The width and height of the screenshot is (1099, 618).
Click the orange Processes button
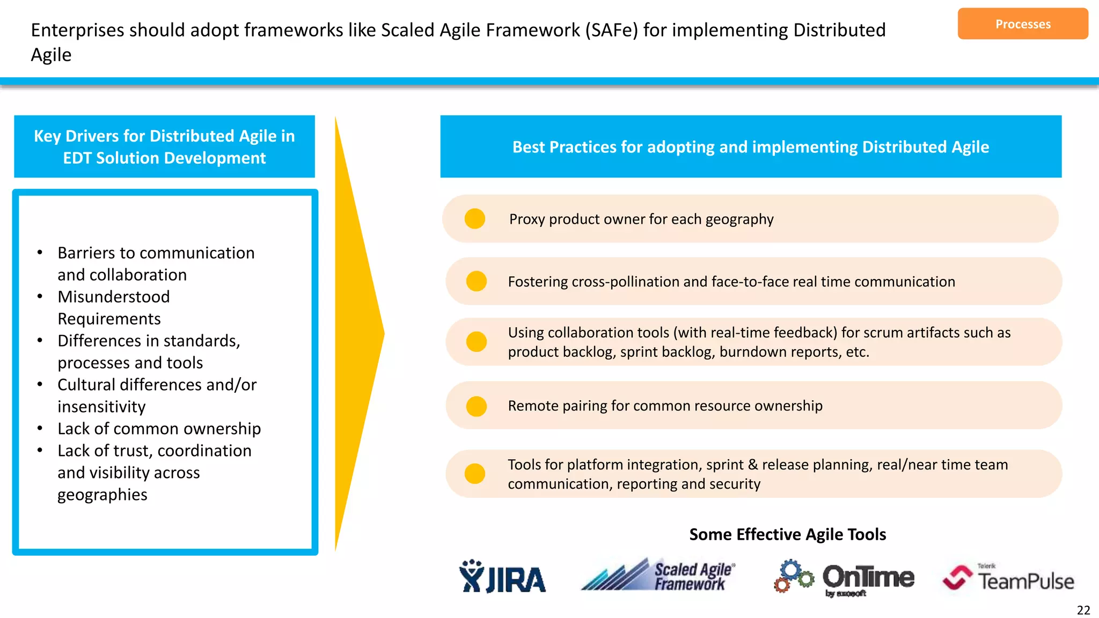[1022, 24]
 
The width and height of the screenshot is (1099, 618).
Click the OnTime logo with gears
[844, 578]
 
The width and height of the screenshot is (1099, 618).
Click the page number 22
[1083, 610]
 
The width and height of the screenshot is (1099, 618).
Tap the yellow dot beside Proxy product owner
[475, 219]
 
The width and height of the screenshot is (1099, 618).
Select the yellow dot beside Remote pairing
[477, 406]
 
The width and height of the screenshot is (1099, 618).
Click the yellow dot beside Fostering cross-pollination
[477, 281]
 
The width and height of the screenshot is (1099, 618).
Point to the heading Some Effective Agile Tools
[787, 534]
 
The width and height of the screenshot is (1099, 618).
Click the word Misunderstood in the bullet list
[114, 297]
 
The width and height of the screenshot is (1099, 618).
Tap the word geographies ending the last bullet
[102, 495]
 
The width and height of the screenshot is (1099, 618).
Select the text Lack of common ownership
[159, 429]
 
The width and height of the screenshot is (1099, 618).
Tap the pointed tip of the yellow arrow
[383, 334]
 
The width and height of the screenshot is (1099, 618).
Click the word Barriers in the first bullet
[86, 253]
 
